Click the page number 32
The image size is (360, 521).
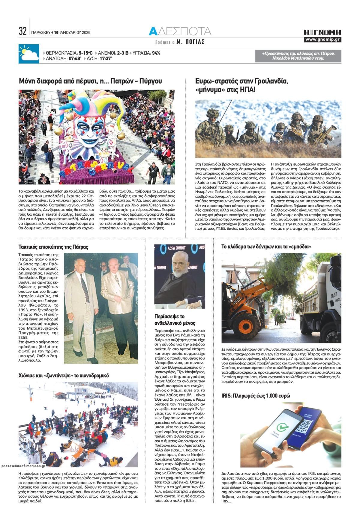pyautogui.click(x=23, y=31)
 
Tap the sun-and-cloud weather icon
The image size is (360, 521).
pyautogui.click(x=28, y=54)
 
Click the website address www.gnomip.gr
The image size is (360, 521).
pyautogui.click(x=322, y=40)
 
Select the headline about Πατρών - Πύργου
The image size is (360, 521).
pyautogui.click(x=90, y=81)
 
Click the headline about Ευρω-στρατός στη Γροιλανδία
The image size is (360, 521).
pyautogui.click(x=241, y=85)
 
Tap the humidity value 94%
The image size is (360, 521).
pyautogui.click(x=156, y=53)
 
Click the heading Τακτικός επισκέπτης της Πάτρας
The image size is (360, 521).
pyautogui.click(x=53, y=247)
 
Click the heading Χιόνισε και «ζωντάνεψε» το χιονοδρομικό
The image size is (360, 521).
pyautogui.click(x=64, y=376)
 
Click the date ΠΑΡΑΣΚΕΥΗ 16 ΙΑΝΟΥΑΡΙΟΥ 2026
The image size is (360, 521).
pyautogui.click(x=61, y=32)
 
